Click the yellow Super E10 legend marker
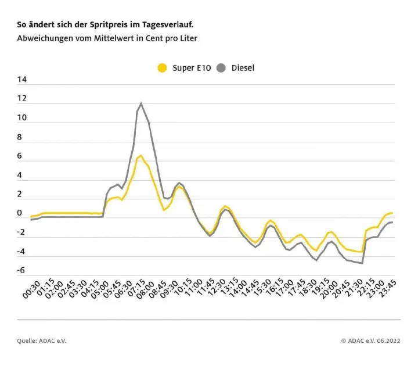click(x=163, y=68)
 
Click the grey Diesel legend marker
click(x=221, y=68)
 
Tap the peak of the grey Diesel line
click(x=140, y=103)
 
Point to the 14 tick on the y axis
click(x=22, y=80)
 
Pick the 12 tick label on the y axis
click(x=22, y=99)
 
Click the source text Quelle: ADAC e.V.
click(x=42, y=340)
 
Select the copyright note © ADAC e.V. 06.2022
click(x=370, y=340)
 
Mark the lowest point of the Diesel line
click(x=362, y=263)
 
